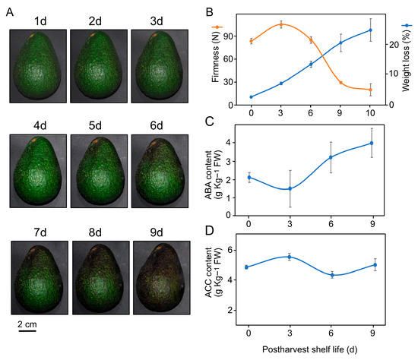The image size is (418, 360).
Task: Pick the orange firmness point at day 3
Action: (x=281, y=24)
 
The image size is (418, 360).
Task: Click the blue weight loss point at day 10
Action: (x=370, y=30)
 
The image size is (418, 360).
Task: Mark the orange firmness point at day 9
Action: (x=340, y=83)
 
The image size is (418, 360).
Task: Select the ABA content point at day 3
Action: (x=281, y=188)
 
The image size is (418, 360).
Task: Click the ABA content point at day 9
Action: (x=372, y=143)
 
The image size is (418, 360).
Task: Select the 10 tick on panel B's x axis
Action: (x=370, y=113)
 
